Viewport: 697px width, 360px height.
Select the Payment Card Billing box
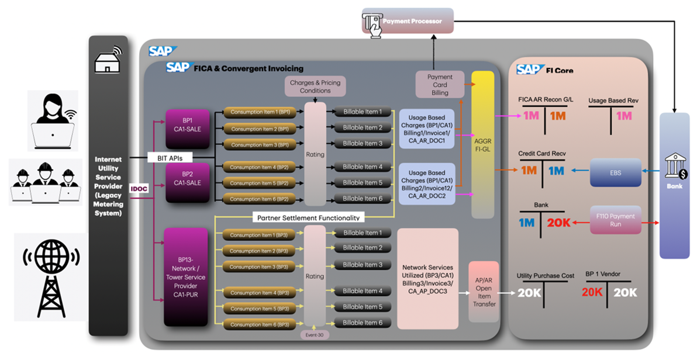(x=440, y=85)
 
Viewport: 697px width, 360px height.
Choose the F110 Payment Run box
(x=616, y=220)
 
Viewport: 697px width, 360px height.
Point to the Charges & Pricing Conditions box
(x=315, y=86)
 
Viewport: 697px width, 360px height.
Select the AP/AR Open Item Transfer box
(x=484, y=292)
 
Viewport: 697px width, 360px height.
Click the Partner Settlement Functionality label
(x=308, y=217)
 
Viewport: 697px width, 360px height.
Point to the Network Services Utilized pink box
(x=427, y=278)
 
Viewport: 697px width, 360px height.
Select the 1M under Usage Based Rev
(x=623, y=116)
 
